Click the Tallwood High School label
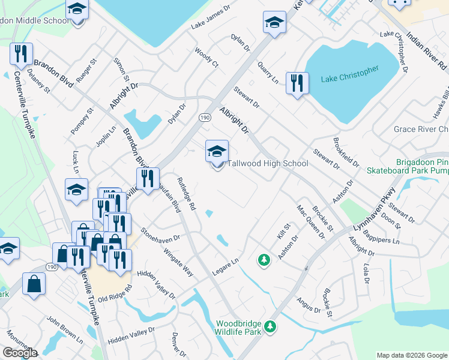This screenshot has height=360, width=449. tap(267, 164)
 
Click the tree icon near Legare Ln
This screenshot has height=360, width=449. tap(263, 260)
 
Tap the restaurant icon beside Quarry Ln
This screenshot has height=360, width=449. tap(297, 83)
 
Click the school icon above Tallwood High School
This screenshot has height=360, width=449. tap(217, 151)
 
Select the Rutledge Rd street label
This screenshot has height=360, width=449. tap(186, 193)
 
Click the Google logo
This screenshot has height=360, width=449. tap(20, 353)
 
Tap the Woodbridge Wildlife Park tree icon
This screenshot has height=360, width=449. tap(271, 326)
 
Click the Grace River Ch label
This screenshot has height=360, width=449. tap(421, 130)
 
